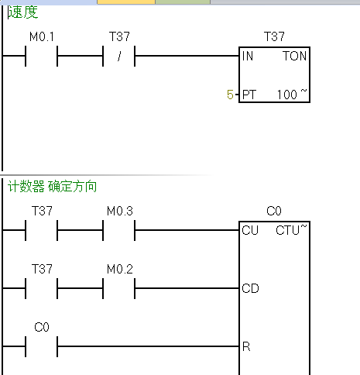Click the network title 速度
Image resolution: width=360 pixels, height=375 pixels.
(22, 13)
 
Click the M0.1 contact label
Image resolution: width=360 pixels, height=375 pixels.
(41, 37)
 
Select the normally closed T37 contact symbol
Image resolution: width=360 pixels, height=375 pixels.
(119, 57)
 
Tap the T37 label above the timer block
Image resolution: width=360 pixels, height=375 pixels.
(275, 37)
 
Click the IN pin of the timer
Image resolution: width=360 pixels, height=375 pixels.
(248, 57)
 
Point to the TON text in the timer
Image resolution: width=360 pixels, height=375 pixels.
(295, 57)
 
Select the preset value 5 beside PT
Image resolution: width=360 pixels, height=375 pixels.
(230, 95)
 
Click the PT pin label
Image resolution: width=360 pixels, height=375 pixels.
(249, 95)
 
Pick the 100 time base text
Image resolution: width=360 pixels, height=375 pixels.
(288, 95)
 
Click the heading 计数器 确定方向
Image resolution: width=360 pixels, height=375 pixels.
(52, 187)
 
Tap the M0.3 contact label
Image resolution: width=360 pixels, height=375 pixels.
(119, 211)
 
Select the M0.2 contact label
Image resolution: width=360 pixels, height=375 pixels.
(119, 268)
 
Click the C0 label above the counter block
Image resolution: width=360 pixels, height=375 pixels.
(274, 211)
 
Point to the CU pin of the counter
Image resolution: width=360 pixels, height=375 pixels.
(250, 230)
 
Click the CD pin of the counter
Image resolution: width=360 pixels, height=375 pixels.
(250, 288)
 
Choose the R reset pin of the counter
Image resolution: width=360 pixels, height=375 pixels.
(246, 346)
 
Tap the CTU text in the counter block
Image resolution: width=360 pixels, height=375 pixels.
(289, 230)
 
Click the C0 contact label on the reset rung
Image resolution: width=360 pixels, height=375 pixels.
(42, 327)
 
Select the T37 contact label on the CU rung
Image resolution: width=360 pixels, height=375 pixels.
(42, 211)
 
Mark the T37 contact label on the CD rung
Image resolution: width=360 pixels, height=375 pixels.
(42, 268)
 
